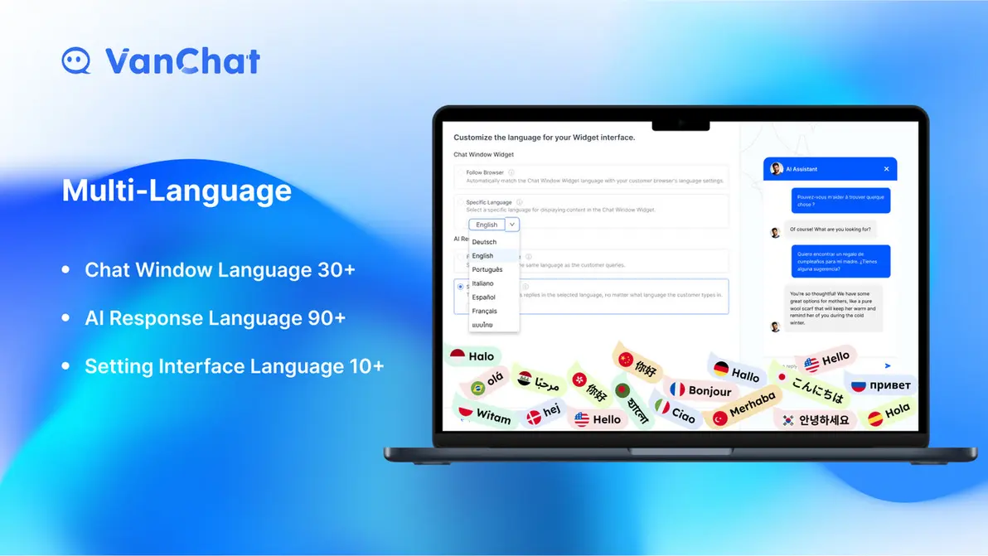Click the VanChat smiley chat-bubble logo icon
pyautogui.click(x=76, y=61)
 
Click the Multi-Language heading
pyautogui.click(x=177, y=191)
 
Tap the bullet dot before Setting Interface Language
pyautogui.click(x=66, y=366)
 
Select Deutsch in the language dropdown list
pyautogui.click(x=484, y=242)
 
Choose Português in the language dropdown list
pyautogui.click(x=487, y=269)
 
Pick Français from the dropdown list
pyautogui.click(x=485, y=311)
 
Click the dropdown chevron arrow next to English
pyautogui.click(x=512, y=225)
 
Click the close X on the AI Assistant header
pyautogui.click(x=886, y=169)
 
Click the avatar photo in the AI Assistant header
pyautogui.click(x=776, y=169)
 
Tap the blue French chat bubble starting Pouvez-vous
pyautogui.click(x=840, y=201)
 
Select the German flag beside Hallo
pyautogui.click(x=721, y=369)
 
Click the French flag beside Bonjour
pyautogui.click(x=677, y=389)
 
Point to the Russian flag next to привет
pyautogui.click(x=859, y=385)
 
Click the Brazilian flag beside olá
pyautogui.click(x=477, y=388)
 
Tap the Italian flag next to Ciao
pyautogui.click(x=662, y=407)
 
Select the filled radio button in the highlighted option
pyautogui.click(x=461, y=287)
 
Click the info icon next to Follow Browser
pyautogui.click(x=511, y=172)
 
